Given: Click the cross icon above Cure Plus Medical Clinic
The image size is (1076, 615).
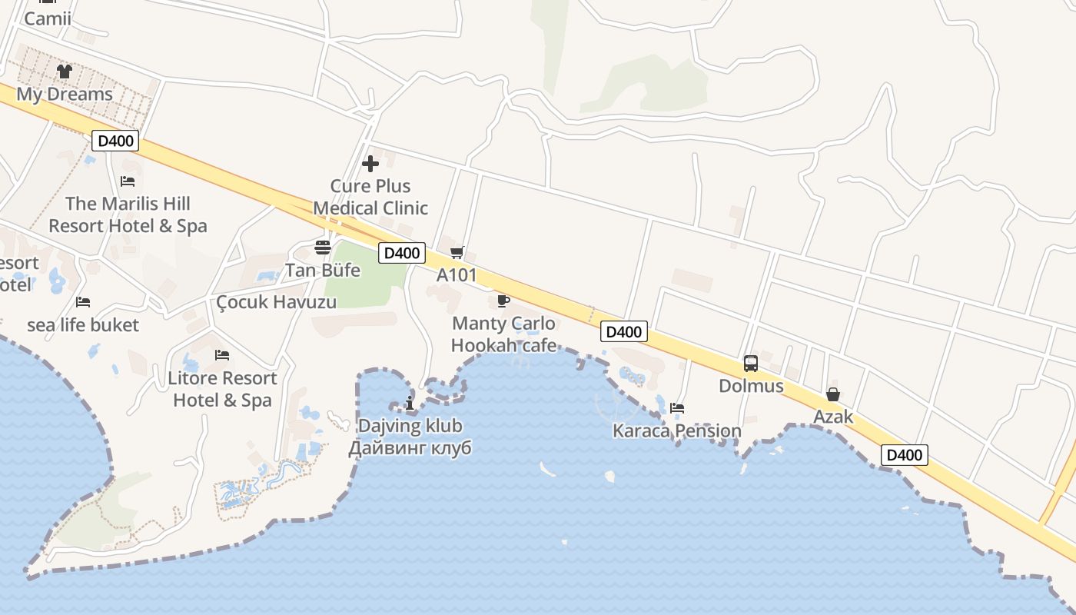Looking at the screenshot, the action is (370, 163).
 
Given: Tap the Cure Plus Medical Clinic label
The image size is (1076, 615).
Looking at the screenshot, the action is (370, 197).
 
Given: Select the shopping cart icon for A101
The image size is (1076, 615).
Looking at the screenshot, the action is (457, 252).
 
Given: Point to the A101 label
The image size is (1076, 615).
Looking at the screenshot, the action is (457, 275).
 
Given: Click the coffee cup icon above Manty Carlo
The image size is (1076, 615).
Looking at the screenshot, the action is (503, 300).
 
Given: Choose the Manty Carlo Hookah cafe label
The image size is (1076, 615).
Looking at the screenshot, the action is (503, 334).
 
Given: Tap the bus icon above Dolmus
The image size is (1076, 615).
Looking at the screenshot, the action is (751, 364).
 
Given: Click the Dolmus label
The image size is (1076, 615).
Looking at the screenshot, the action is (751, 386).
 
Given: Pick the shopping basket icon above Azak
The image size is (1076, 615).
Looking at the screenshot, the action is (833, 394).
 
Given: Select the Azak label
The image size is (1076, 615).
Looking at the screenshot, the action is (833, 417).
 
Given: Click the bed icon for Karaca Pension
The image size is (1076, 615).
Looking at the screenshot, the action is (677, 407).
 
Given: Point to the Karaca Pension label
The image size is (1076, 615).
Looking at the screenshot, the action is (677, 430).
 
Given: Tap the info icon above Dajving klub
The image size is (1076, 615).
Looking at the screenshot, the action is (410, 403).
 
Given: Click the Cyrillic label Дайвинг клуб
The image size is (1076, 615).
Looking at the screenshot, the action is (410, 448).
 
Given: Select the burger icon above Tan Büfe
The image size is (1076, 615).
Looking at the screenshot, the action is (323, 248).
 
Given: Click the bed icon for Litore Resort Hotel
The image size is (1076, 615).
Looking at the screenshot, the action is (222, 355).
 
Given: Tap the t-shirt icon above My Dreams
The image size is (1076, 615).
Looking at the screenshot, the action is (65, 71).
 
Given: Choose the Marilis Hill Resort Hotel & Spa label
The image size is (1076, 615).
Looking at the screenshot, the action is (128, 215).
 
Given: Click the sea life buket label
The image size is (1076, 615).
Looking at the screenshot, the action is (83, 325).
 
